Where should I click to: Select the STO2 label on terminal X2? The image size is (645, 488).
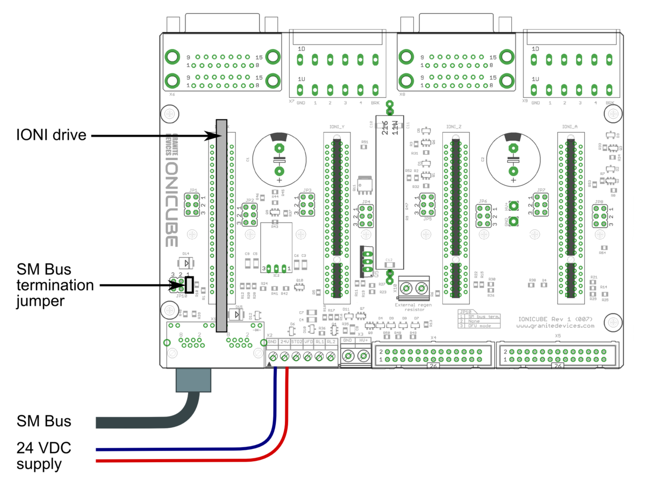pos(297,341)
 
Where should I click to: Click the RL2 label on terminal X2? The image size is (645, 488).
pos(331,341)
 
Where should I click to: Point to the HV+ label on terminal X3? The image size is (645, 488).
pos(364,341)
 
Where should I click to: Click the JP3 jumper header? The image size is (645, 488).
pos(307,206)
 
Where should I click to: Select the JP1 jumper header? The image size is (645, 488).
pos(193,205)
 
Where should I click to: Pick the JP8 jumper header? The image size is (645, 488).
pos(599,217)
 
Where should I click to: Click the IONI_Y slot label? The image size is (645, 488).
pos(336,127)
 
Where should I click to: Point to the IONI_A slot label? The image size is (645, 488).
pos(570,127)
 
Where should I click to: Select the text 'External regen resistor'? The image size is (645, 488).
pos(413,307)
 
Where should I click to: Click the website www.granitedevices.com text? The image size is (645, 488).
pos(555,325)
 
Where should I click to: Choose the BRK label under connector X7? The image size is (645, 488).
pos(375,103)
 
